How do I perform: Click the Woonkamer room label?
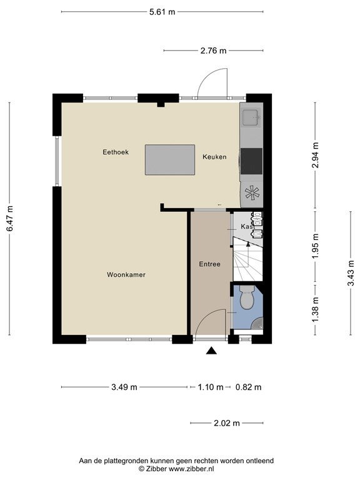[x=126, y=274]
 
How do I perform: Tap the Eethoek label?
[x=116, y=152]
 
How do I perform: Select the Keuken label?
[x=214, y=157]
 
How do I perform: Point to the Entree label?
[x=210, y=264]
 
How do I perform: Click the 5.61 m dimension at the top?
[x=162, y=12]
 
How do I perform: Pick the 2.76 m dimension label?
[x=213, y=51]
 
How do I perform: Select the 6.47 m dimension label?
[x=10, y=218]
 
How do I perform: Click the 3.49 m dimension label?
[x=124, y=387]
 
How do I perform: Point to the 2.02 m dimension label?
[x=227, y=423]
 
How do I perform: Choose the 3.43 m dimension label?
[x=351, y=273]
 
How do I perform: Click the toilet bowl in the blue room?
[x=247, y=297]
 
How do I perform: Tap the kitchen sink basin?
[x=251, y=118]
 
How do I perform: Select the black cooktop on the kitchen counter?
[x=251, y=161]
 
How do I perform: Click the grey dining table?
[x=170, y=160]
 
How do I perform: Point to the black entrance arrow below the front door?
[x=211, y=351]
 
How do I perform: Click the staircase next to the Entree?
[x=248, y=259]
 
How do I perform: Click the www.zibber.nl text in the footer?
[x=191, y=469]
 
